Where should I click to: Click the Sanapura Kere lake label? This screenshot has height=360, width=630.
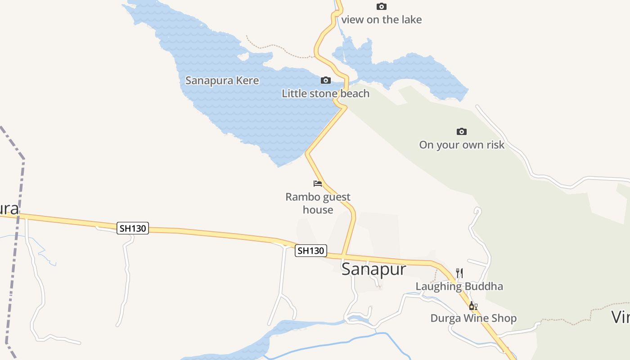click(222, 81)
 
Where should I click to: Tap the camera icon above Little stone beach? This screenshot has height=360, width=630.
click(325, 81)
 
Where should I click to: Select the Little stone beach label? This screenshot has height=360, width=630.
click(325, 94)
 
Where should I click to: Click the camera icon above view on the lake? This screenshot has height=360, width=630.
click(381, 6)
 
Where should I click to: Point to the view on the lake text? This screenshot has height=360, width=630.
click(381, 19)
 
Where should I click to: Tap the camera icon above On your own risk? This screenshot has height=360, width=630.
click(461, 132)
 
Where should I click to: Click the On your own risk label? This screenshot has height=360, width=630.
click(462, 145)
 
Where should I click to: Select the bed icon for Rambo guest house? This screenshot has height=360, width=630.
click(318, 184)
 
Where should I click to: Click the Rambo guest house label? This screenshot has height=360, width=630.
click(318, 203)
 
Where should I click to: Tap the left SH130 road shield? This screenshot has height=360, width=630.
click(133, 228)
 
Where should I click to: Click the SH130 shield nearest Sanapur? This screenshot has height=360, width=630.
click(310, 251)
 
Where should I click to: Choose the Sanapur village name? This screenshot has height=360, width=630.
click(373, 269)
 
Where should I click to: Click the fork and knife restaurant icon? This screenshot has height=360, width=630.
click(459, 273)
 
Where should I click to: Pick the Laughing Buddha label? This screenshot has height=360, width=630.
click(459, 286)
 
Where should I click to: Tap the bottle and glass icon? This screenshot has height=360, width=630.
click(473, 306)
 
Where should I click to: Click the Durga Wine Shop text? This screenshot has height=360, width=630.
click(473, 319)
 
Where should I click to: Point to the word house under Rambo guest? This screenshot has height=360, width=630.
click(318, 210)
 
